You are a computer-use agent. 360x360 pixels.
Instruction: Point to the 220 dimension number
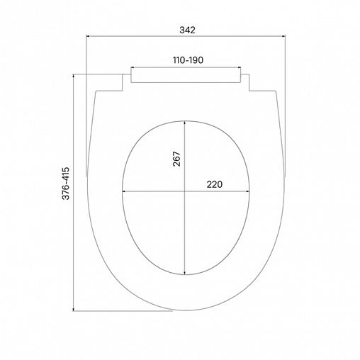215,184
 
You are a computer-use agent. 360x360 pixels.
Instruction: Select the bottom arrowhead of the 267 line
186,274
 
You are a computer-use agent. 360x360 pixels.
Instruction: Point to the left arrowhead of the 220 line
124,191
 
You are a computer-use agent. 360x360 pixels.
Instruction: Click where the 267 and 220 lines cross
186,191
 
